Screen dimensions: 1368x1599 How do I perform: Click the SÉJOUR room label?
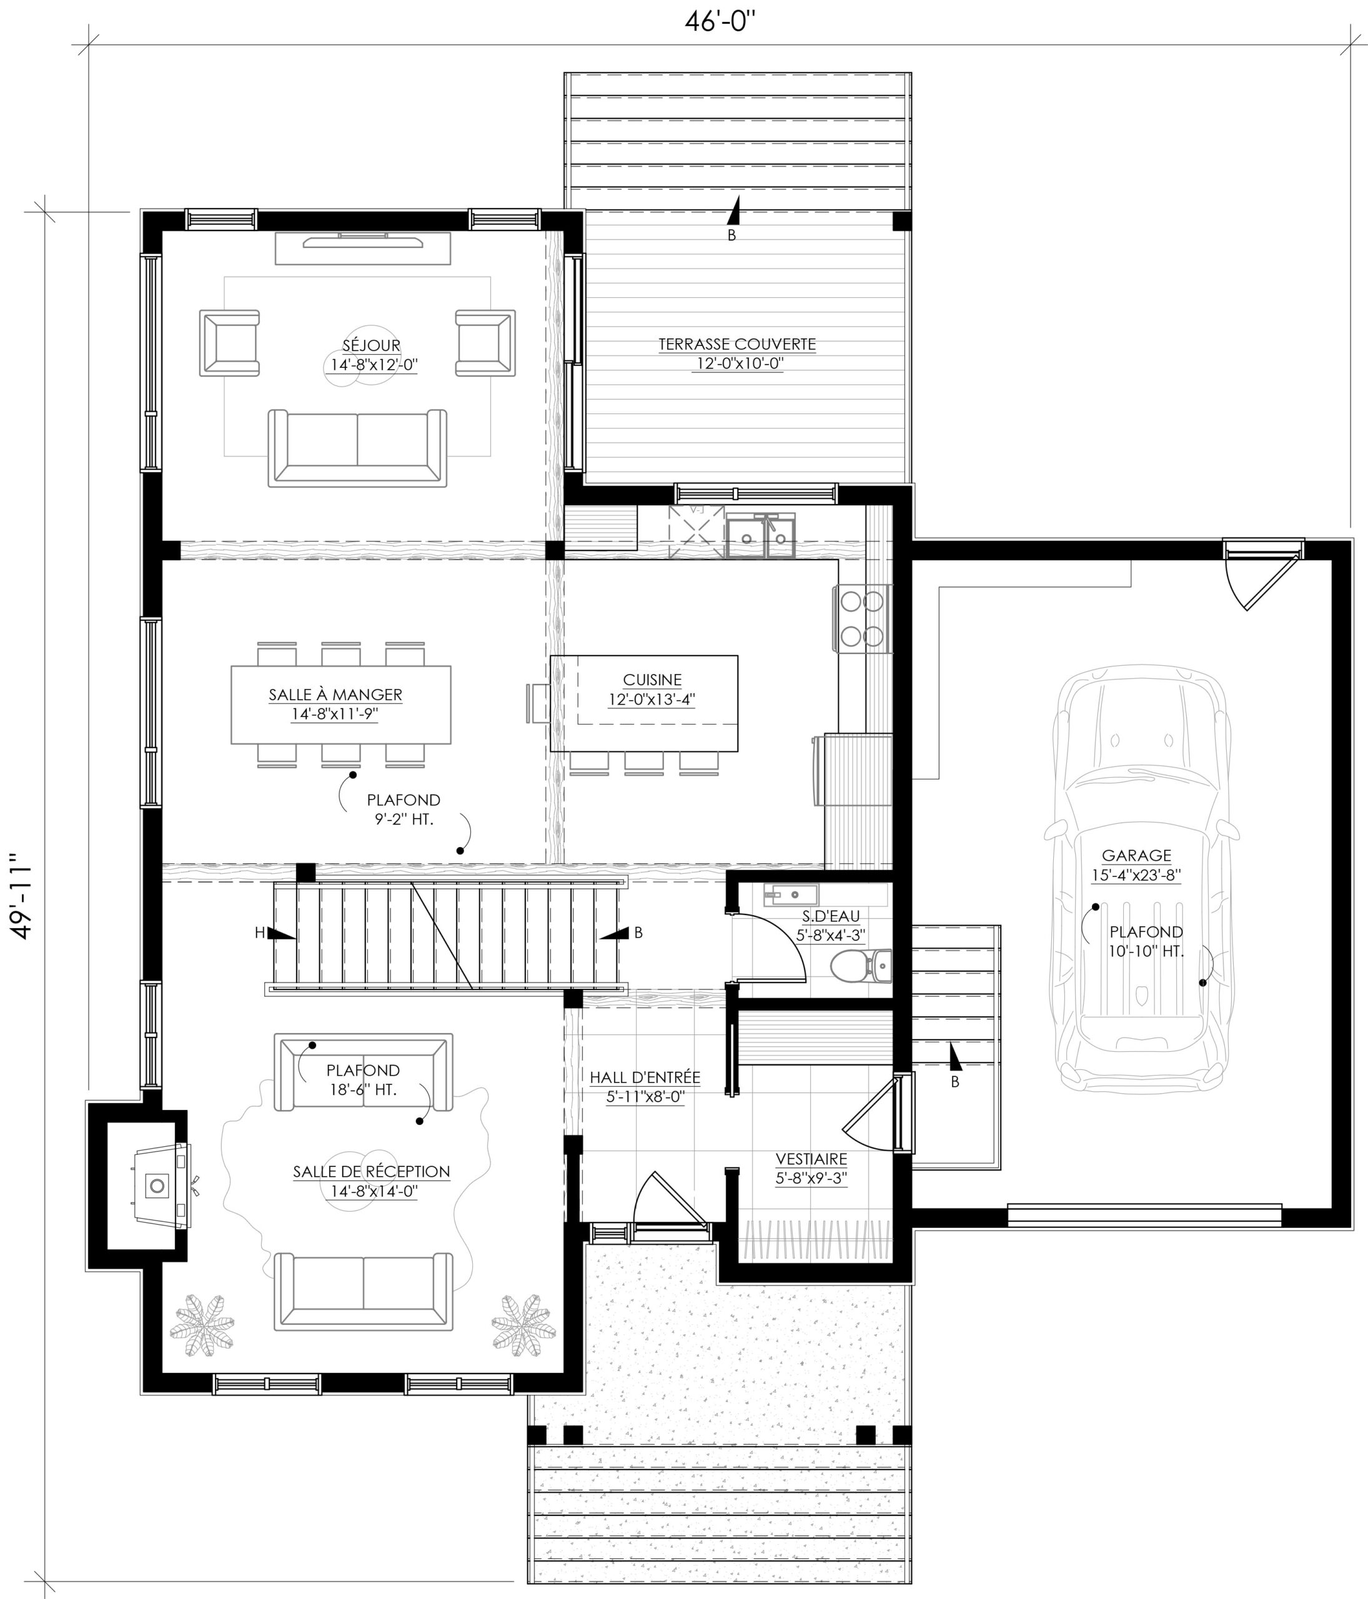point(371,345)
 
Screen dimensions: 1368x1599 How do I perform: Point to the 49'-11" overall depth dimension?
point(23,896)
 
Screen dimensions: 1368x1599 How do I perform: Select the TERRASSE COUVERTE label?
point(737,344)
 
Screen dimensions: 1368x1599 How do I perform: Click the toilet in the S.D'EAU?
point(861,964)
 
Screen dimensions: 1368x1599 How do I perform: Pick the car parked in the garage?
point(1142,887)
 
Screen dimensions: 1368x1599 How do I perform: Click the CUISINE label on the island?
point(652,680)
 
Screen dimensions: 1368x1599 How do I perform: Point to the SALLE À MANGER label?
point(335,695)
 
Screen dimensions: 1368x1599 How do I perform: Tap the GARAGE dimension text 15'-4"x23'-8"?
point(1136,875)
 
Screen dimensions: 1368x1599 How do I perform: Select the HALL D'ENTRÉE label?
point(645,1077)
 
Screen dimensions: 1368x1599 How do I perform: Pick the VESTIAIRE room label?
point(811,1159)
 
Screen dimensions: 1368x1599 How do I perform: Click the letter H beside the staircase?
point(259,933)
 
